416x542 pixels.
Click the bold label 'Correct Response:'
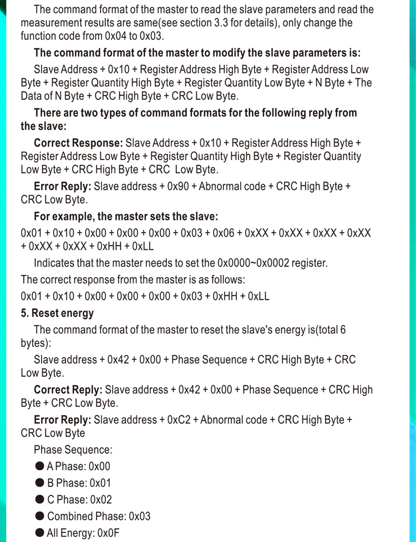point(78,143)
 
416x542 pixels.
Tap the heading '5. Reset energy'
point(57,313)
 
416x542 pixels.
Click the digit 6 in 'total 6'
point(343,330)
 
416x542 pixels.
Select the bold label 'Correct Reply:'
point(68,390)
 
